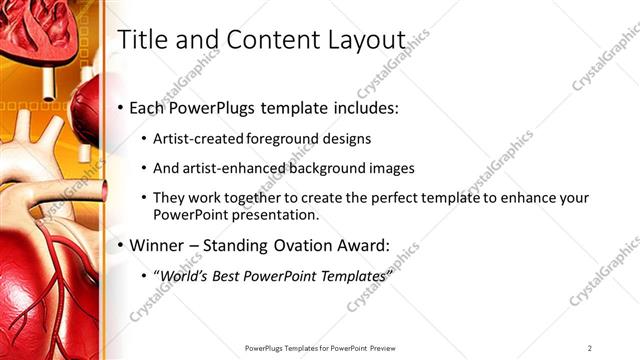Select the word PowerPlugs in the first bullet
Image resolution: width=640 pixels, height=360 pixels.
click(217, 108)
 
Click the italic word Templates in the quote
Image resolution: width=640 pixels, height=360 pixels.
click(349, 274)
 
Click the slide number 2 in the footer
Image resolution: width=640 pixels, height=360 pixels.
click(590, 347)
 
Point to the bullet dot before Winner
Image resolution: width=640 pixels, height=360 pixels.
click(121, 245)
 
